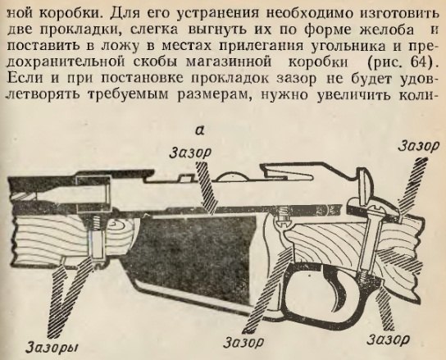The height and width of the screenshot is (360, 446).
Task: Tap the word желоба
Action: [387, 30]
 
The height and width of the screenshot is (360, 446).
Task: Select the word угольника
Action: [347, 47]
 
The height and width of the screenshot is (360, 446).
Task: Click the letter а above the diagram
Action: [201, 130]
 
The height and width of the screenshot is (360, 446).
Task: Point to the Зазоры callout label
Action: [52, 347]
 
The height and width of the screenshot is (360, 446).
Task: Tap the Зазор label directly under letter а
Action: [190, 153]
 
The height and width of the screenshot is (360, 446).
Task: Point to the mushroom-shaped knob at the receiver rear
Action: [364, 185]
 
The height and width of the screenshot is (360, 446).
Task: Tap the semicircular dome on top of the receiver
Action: [232, 177]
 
